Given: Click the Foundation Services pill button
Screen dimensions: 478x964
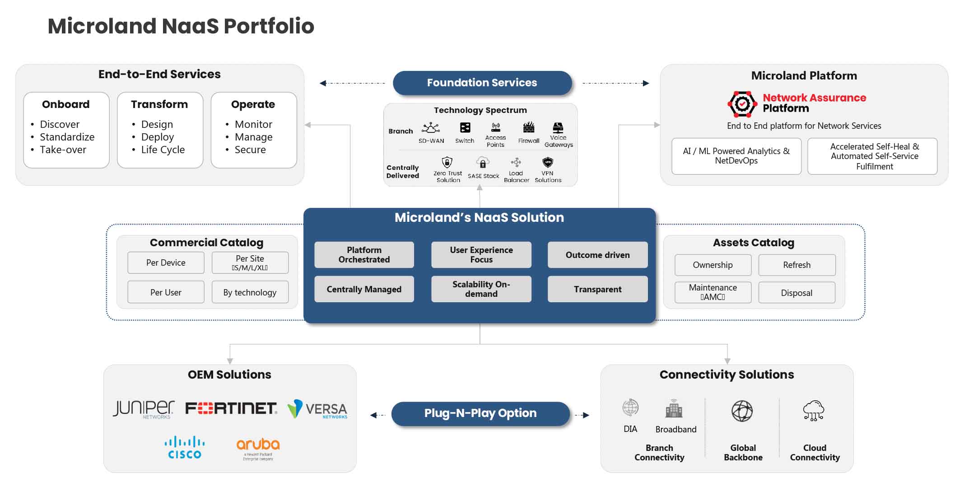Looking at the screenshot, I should click(482, 83).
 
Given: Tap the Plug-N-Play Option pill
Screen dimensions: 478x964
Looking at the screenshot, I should click(480, 413).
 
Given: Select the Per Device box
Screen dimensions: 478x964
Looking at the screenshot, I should click(166, 262).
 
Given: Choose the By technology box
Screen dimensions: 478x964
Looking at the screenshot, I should click(250, 292).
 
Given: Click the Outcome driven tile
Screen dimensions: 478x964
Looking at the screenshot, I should click(597, 255).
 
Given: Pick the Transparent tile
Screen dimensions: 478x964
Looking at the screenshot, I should click(597, 289).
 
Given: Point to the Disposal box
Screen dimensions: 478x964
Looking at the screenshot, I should click(796, 293).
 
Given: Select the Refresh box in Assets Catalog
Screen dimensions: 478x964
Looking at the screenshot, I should click(796, 265).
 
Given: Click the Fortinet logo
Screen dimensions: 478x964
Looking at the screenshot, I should click(231, 408).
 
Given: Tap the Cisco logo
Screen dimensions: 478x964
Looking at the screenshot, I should click(184, 447).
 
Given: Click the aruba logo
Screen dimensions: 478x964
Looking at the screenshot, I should click(258, 447).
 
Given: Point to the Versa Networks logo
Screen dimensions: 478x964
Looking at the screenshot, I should click(317, 409).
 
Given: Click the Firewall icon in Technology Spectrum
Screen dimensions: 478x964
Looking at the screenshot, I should click(528, 127).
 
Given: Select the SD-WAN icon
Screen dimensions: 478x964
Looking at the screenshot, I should click(431, 127).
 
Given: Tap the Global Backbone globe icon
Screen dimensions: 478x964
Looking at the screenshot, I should click(742, 411).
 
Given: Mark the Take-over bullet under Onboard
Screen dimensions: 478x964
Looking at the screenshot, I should click(63, 150).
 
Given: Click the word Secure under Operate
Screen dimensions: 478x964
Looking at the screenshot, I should click(250, 150).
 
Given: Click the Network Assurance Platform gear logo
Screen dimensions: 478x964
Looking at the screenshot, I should click(742, 104).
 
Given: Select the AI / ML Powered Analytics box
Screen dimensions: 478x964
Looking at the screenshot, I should click(736, 156).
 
